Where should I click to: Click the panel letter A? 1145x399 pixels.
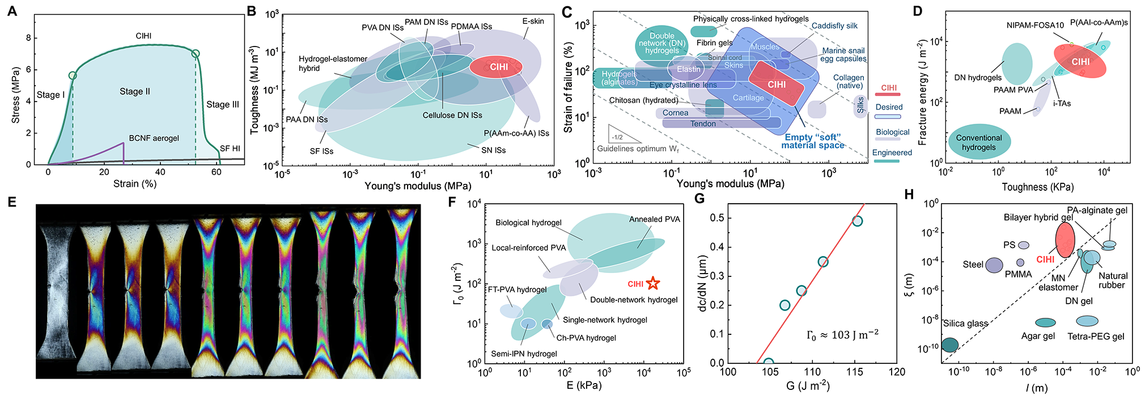(12, 11)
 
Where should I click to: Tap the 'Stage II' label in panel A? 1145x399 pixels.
(135, 91)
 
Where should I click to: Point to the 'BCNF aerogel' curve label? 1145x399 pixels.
(154, 138)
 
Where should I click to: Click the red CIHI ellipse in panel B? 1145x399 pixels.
(496, 67)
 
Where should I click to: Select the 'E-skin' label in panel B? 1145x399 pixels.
(533, 22)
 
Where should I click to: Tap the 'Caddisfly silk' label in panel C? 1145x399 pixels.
(834, 26)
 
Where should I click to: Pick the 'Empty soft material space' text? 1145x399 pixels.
(813, 141)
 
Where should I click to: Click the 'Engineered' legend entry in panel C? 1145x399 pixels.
(892, 153)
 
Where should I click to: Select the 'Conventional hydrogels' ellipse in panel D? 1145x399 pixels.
(979, 142)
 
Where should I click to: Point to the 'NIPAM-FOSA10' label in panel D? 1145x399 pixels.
(1035, 25)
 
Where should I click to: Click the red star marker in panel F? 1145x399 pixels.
(653, 283)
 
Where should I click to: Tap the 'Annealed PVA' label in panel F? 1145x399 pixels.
(654, 219)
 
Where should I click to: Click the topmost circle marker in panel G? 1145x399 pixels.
(857, 221)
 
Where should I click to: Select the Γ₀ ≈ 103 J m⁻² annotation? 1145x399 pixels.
(842, 335)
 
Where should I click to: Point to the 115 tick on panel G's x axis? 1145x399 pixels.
(855, 372)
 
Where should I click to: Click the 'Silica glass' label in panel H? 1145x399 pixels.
(965, 324)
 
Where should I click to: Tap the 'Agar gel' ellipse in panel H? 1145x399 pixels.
(1045, 322)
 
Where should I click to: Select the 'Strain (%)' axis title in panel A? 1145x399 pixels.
(135, 184)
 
